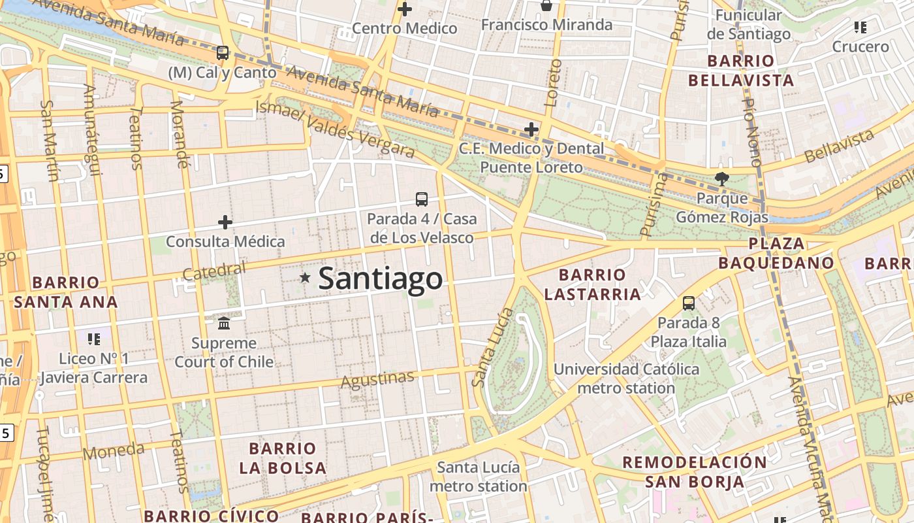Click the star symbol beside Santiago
(x=304, y=278)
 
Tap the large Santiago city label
(x=381, y=278)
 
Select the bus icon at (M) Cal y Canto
(x=223, y=53)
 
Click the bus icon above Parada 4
(x=422, y=199)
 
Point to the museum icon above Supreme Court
(x=224, y=323)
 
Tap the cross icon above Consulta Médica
(x=225, y=222)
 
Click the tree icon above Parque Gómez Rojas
(x=721, y=178)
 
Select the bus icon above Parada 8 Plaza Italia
(x=689, y=303)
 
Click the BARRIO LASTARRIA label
(x=592, y=284)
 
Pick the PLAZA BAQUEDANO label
(x=776, y=254)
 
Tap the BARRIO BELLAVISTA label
(x=741, y=71)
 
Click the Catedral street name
(x=214, y=271)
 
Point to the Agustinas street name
(x=377, y=379)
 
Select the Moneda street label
(x=114, y=451)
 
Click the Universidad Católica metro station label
(x=626, y=379)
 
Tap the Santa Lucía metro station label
(x=478, y=477)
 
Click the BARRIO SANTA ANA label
(x=65, y=292)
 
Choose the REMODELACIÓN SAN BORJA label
(x=695, y=472)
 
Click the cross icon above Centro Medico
(x=405, y=9)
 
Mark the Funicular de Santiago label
(x=748, y=24)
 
